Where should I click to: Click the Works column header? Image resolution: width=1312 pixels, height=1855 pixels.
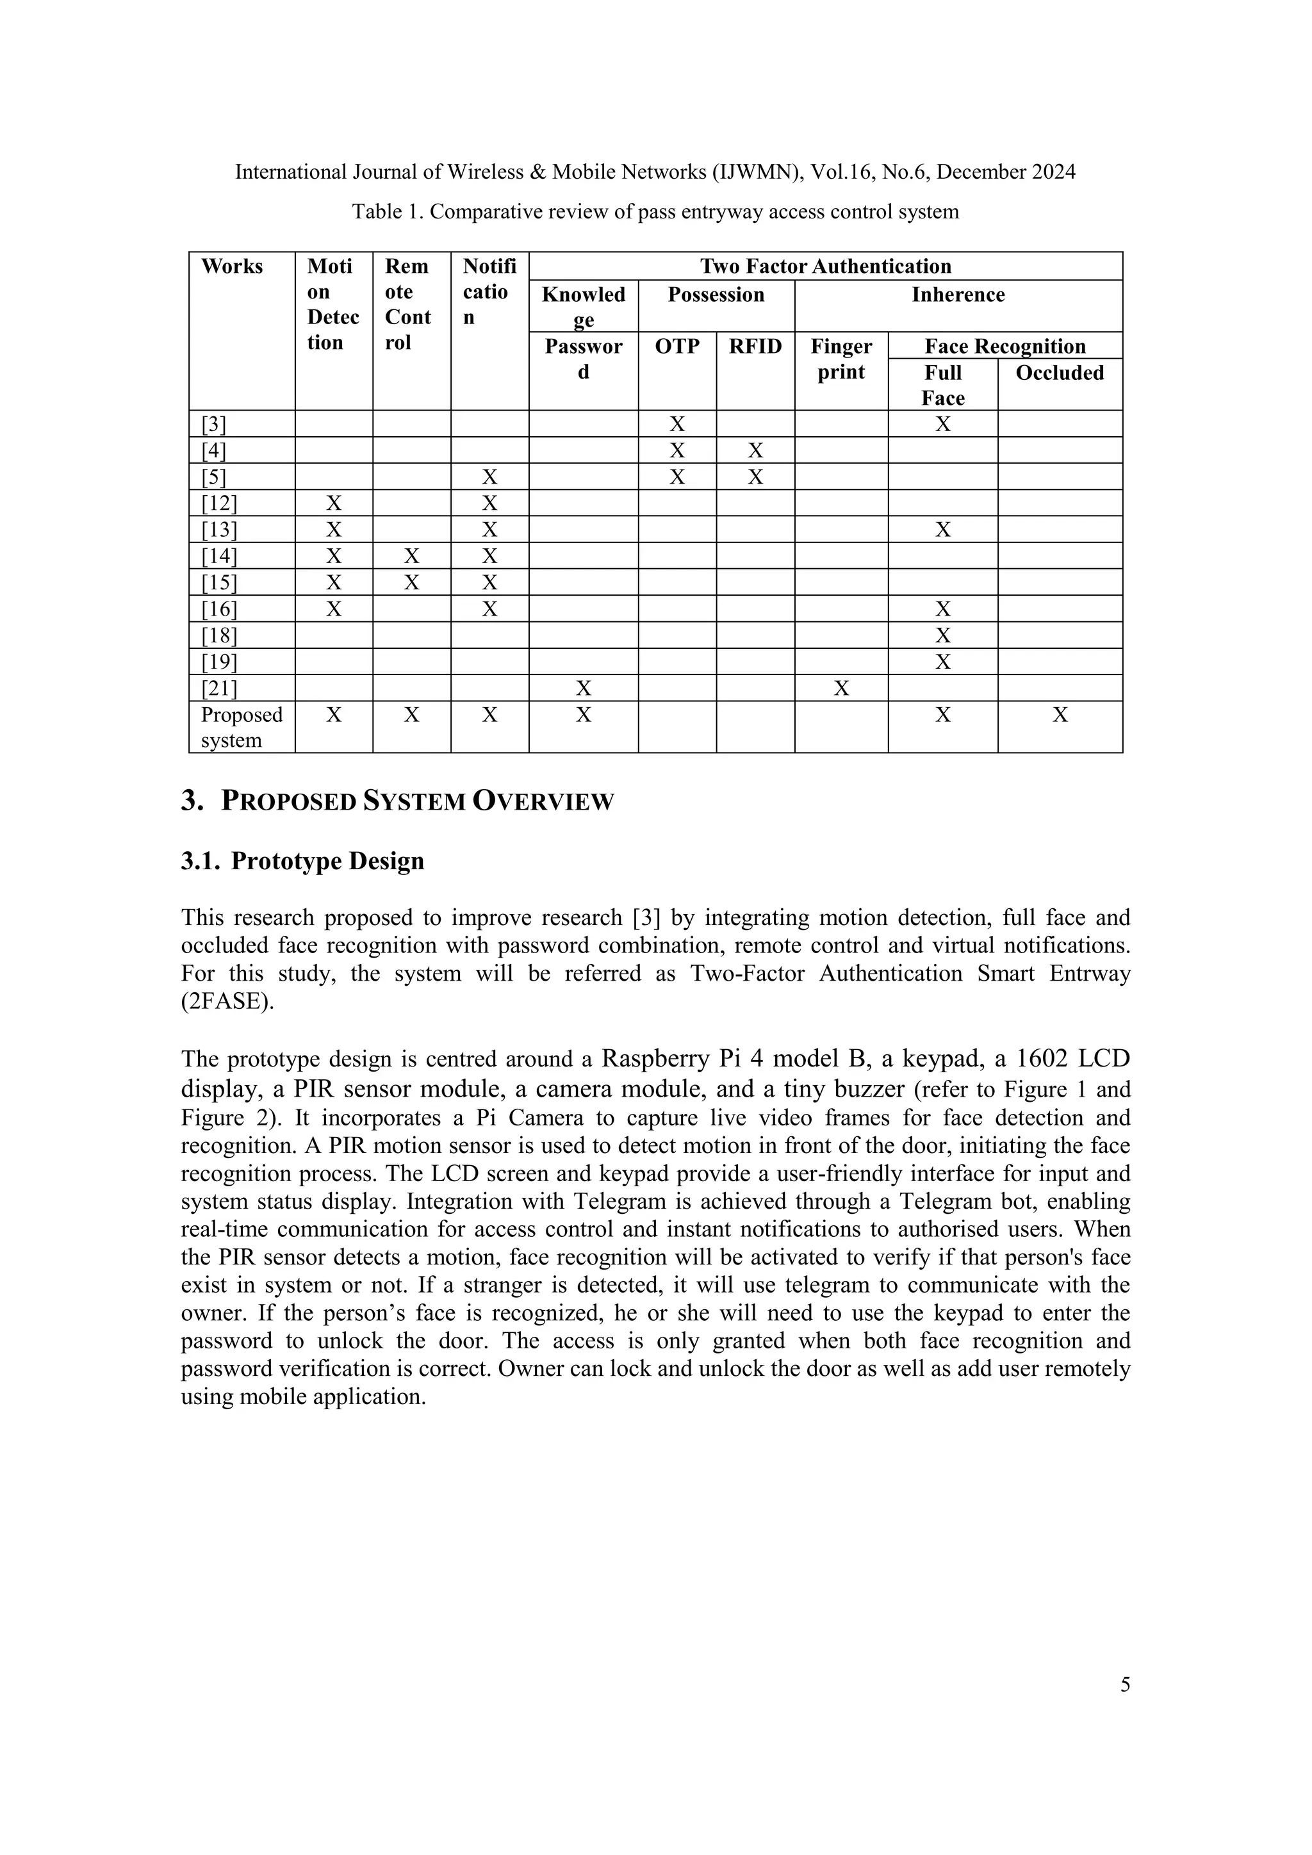(232, 266)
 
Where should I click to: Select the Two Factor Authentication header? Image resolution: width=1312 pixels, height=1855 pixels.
(825, 266)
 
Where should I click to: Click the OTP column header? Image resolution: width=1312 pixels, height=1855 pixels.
(677, 347)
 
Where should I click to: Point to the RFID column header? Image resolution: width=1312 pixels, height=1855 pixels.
(755, 347)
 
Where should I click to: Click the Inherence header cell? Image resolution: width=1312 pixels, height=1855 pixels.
(958, 295)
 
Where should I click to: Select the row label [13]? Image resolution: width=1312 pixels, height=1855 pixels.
(219, 530)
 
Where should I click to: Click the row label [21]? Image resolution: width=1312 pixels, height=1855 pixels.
(219, 689)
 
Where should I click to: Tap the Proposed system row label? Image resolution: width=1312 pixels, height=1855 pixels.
(242, 727)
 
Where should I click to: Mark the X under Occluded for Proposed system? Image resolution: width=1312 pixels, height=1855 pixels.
(1060, 715)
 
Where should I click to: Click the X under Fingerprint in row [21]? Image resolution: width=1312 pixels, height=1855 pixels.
(841, 689)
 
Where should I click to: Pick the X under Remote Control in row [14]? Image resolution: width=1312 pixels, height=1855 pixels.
(411, 557)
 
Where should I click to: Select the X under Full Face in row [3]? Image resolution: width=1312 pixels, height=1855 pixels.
(943, 425)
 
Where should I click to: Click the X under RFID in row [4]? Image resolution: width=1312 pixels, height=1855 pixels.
(755, 451)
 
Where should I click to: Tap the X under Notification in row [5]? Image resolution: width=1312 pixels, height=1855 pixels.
(489, 477)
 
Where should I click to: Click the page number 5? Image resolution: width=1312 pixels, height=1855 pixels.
(1124, 1685)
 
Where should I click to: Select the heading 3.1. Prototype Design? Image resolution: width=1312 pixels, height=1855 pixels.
(302, 862)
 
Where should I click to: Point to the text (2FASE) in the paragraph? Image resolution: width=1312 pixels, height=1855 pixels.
(222, 1002)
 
